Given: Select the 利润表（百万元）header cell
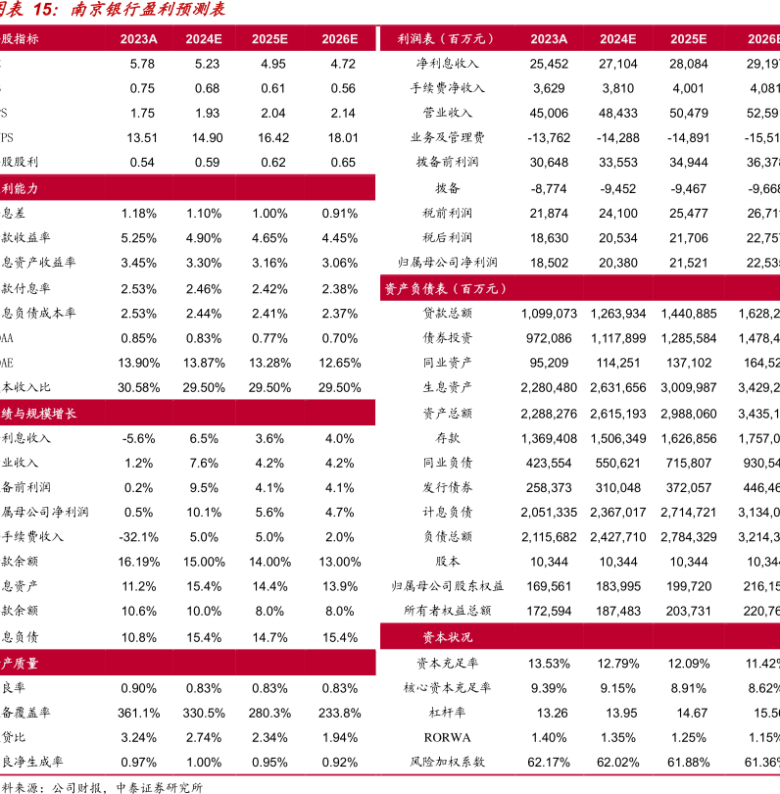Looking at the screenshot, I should click(446, 39).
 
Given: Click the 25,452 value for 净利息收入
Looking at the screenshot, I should click(549, 64).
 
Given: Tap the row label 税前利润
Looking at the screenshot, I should click(447, 213).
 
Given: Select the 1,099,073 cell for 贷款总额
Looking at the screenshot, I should click(549, 314).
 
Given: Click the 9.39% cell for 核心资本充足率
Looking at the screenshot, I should click(549, 688).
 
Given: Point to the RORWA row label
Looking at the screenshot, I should click(446, 737).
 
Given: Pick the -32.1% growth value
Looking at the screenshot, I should click(139, 537).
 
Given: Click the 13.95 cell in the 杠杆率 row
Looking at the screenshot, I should click(618, 713).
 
